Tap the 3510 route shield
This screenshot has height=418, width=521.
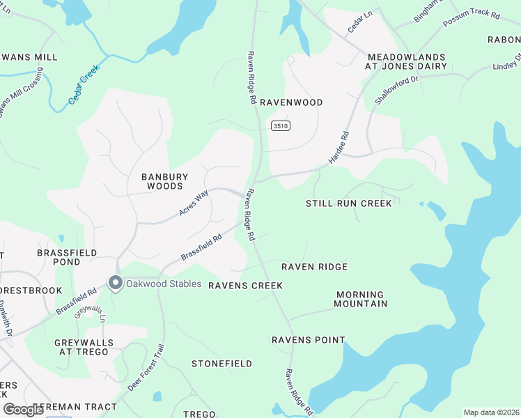tap(281, 125)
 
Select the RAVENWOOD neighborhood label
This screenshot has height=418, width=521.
tap(291, 102)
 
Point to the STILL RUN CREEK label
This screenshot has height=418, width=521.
tap(349, 203)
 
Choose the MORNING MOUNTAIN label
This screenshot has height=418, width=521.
tap(361, 299)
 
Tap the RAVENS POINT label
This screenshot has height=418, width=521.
tap(308, 340)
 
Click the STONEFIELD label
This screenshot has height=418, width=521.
tap(221, 364)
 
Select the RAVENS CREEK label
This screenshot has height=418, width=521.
tap(246, 286)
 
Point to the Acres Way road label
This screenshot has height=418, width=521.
tap(194, 202)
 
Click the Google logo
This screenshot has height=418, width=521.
tap(23, 410)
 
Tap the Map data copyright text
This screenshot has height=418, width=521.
tap(491, 412)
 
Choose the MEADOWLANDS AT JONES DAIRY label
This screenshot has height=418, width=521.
tap(406, 61)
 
